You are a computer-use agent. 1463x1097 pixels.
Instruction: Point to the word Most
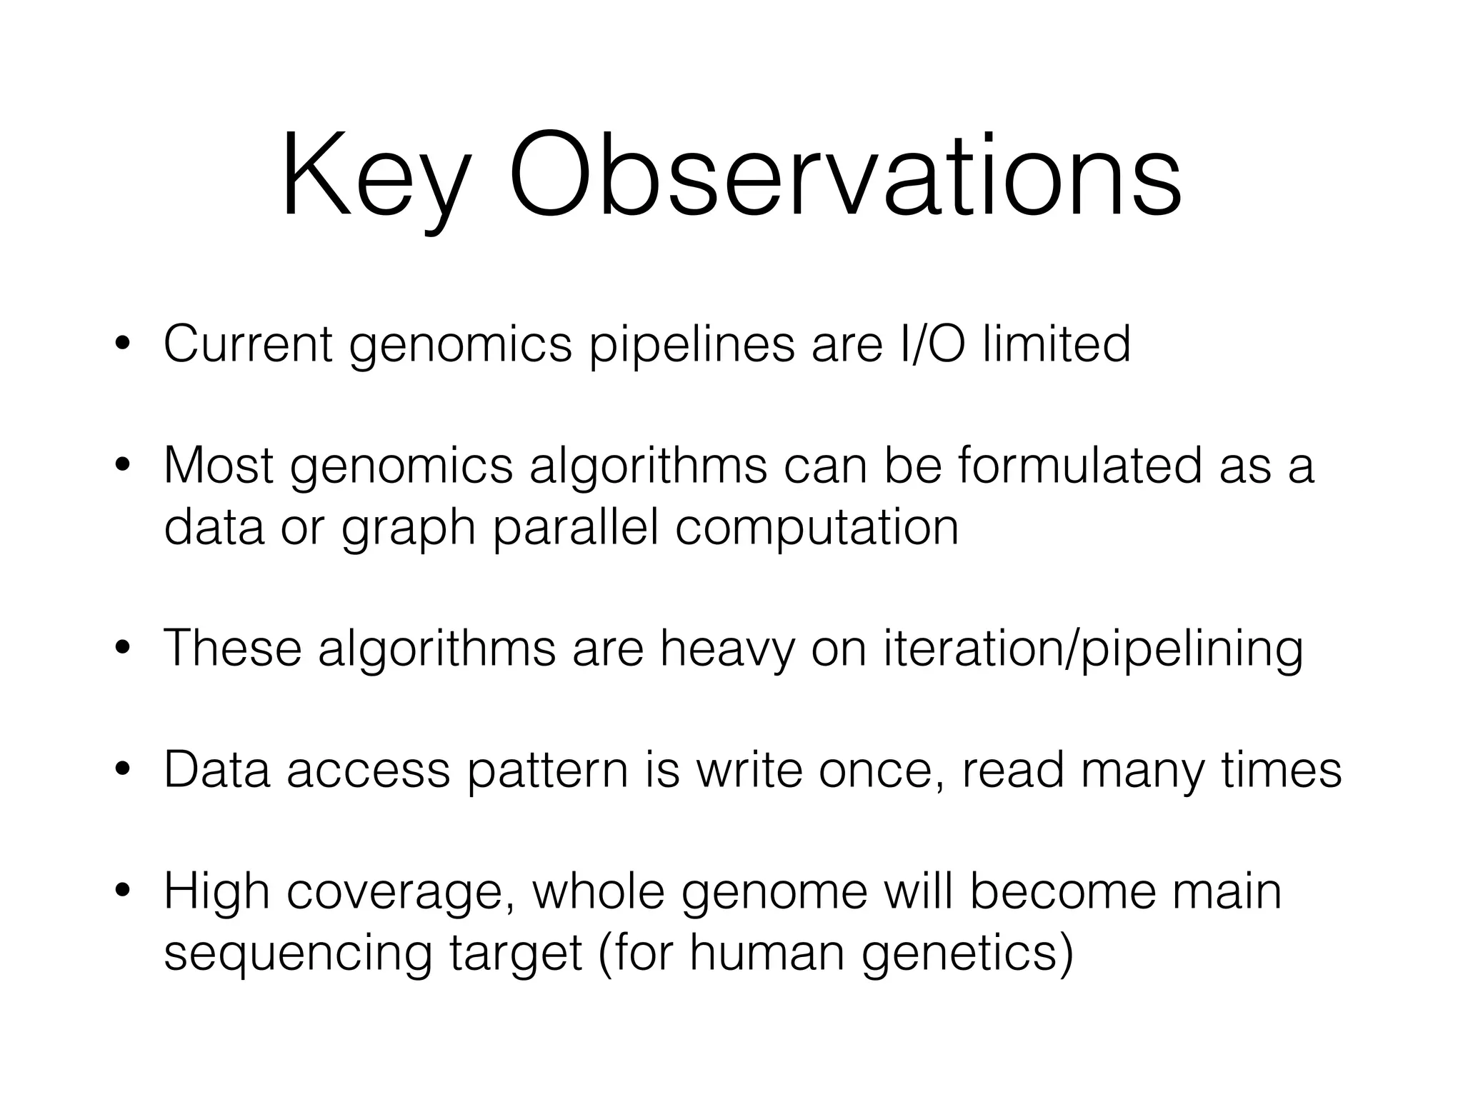click(219, 466)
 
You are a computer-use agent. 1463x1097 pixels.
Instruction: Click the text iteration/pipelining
click(1093, 650)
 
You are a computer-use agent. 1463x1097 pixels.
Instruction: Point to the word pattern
click(547, 771)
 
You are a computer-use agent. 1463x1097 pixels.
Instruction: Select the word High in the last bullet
click(217, 893)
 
